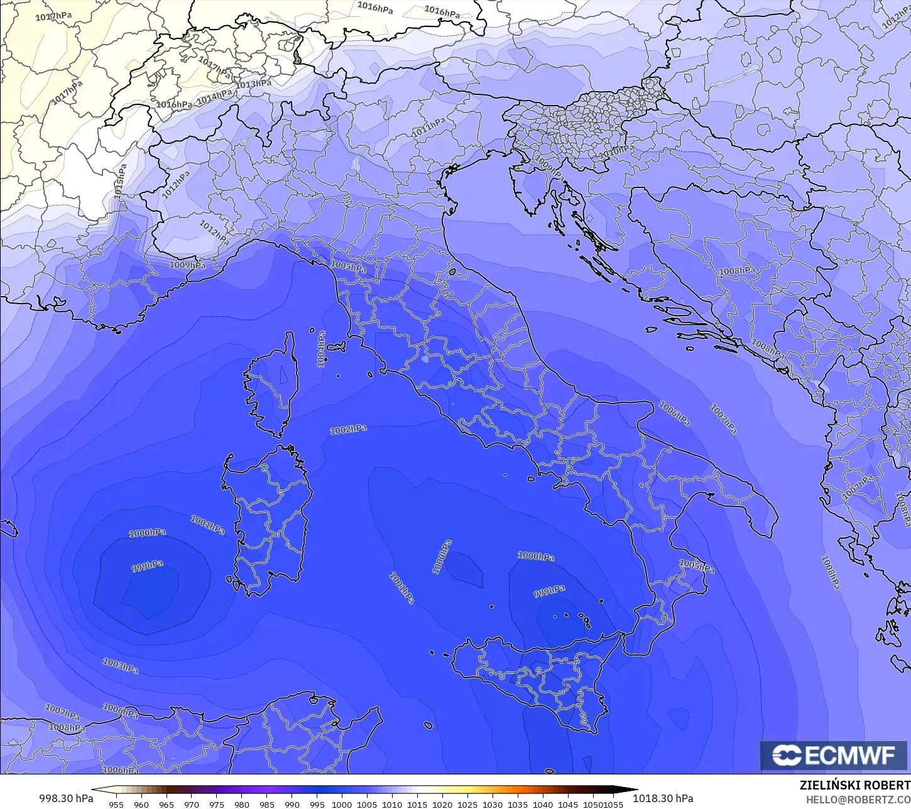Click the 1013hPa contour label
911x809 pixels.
254,84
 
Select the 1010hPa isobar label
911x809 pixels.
616,151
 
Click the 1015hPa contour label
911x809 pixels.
120,182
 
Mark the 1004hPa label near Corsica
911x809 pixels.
322,349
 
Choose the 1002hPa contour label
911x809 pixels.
349,430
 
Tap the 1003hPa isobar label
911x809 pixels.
120,665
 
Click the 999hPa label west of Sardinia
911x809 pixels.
147,566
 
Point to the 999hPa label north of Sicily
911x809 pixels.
549,592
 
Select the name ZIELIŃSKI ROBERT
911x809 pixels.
854,785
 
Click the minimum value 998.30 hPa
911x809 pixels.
66,798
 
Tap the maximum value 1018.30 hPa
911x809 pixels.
663,798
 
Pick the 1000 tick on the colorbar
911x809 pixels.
342,805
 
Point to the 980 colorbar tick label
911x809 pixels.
242,805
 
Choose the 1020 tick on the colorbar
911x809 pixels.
442,805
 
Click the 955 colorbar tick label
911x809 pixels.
116,805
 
